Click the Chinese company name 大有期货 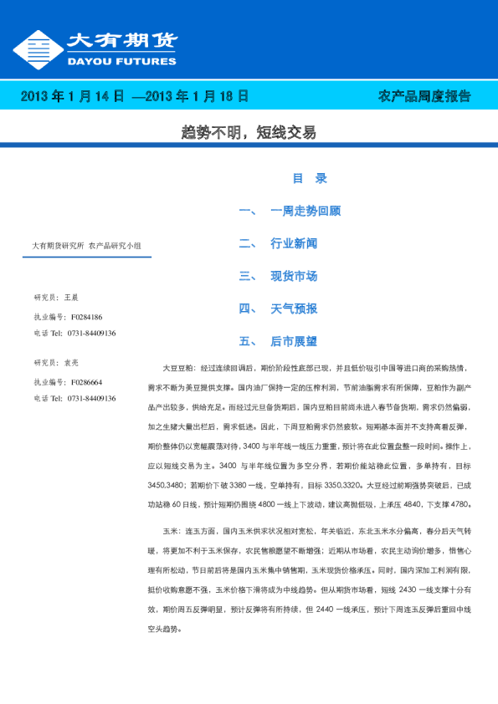tap(121, 41)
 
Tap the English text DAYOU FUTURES tap(121, 61)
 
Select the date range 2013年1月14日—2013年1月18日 tap(134, 96)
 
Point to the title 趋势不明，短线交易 tap(249, 133)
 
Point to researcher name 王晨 tap(71, 297)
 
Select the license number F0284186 tap(86, 318)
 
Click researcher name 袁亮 tap(71, 362)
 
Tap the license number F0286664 tap(86, 382)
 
